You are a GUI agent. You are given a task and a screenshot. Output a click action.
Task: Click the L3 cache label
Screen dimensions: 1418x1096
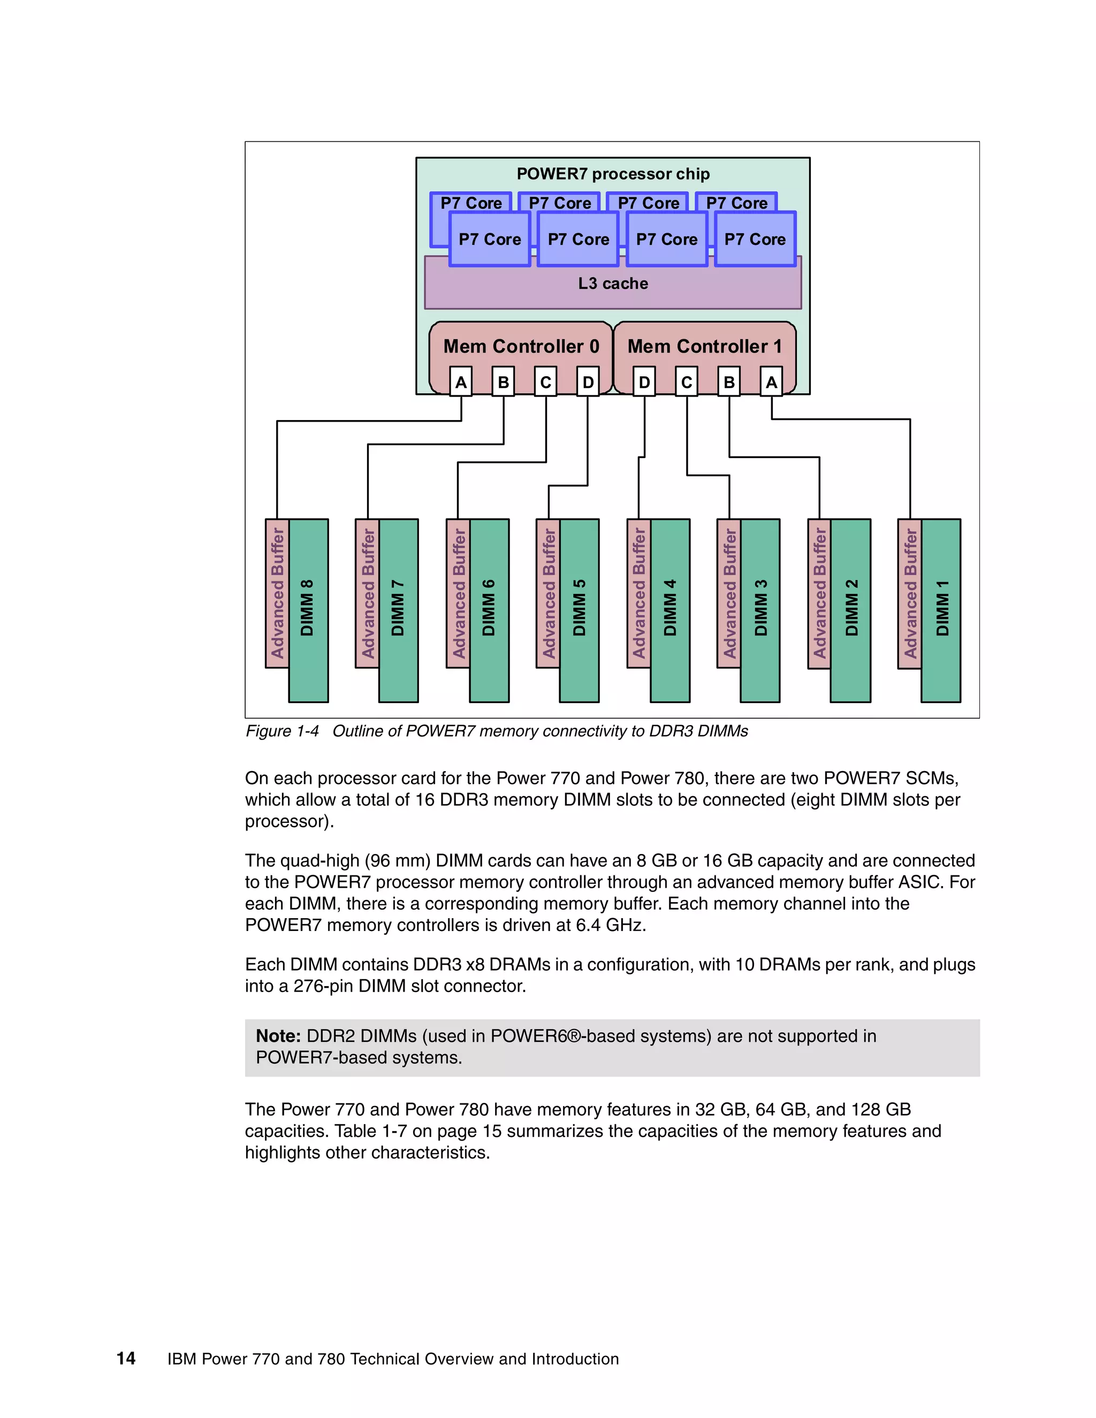[612, 284]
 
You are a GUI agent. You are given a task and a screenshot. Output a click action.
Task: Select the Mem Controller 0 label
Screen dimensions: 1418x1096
[521, 347]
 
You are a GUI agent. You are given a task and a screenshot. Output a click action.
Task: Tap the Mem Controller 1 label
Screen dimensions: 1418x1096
[704, 347]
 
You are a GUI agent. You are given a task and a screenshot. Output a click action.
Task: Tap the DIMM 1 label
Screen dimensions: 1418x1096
[942, 608]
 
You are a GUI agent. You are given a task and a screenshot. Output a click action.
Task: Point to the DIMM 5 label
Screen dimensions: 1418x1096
[579, 608]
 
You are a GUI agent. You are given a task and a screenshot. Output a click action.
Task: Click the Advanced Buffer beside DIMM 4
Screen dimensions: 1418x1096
[639, 593]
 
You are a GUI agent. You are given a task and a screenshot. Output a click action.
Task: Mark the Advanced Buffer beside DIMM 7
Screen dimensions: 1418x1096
[368, 593]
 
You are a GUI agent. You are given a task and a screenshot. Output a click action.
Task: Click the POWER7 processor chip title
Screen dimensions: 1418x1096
[612, 174]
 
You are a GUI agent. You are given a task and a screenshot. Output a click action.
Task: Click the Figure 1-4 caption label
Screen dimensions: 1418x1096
[283, 731]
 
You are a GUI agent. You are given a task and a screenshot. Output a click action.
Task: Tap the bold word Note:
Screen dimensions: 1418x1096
[278, 1036]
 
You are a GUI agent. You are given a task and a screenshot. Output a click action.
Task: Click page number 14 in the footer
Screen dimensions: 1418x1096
[126, 1358]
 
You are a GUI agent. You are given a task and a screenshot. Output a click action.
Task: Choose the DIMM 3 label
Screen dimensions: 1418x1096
[760, 608]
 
